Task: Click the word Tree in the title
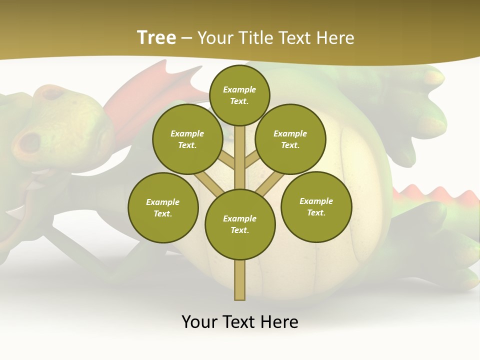click(156, 38)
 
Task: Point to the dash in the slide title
click(186, 38)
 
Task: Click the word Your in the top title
click(214, 38)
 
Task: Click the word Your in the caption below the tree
click(199, 321)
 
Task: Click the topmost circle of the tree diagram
click(239, 95)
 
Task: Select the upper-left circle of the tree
click(187, 139)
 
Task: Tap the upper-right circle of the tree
click(290, 139)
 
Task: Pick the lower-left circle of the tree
click(163, 207)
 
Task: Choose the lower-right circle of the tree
click(316, 206)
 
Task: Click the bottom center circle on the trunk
click(240, 224)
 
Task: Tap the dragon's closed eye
click(54, 93)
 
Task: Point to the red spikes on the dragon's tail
click(435, 195)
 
